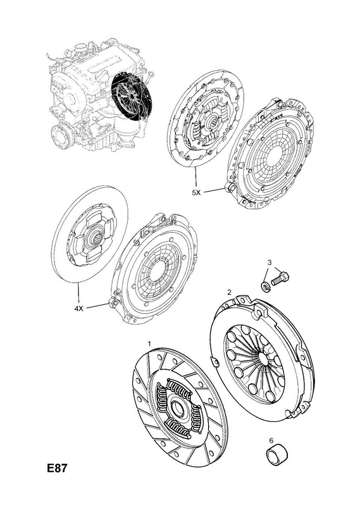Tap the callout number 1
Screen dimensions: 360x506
pyautogui.click(x=149, y=343)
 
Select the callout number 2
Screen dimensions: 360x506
pyautogui.click(x=229, y=292)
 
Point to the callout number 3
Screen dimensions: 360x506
pyautogui.click(x=270, y=262)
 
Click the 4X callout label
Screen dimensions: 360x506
pyautogui.click(x=79, y=309)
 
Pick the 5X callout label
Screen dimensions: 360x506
pyautogui.click(x=196, y=193)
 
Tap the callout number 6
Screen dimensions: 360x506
pyautogui.click(x=271, y=440)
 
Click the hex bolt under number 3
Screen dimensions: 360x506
pyautogui.click(x=280, y=278)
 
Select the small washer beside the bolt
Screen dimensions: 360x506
pyautogui.click(x=265, y=286)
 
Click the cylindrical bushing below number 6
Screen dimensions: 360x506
pyautogui.click(x=276, y=455)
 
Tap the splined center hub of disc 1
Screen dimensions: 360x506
pyautogui.click(x=178, y=407)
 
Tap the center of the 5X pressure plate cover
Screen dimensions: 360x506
pyautogui.click(x=276, y=154)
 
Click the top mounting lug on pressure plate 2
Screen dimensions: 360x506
pyautogui.click(x=259, y=311)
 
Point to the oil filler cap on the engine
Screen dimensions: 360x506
pyautogui.click(x=80, y=48)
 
